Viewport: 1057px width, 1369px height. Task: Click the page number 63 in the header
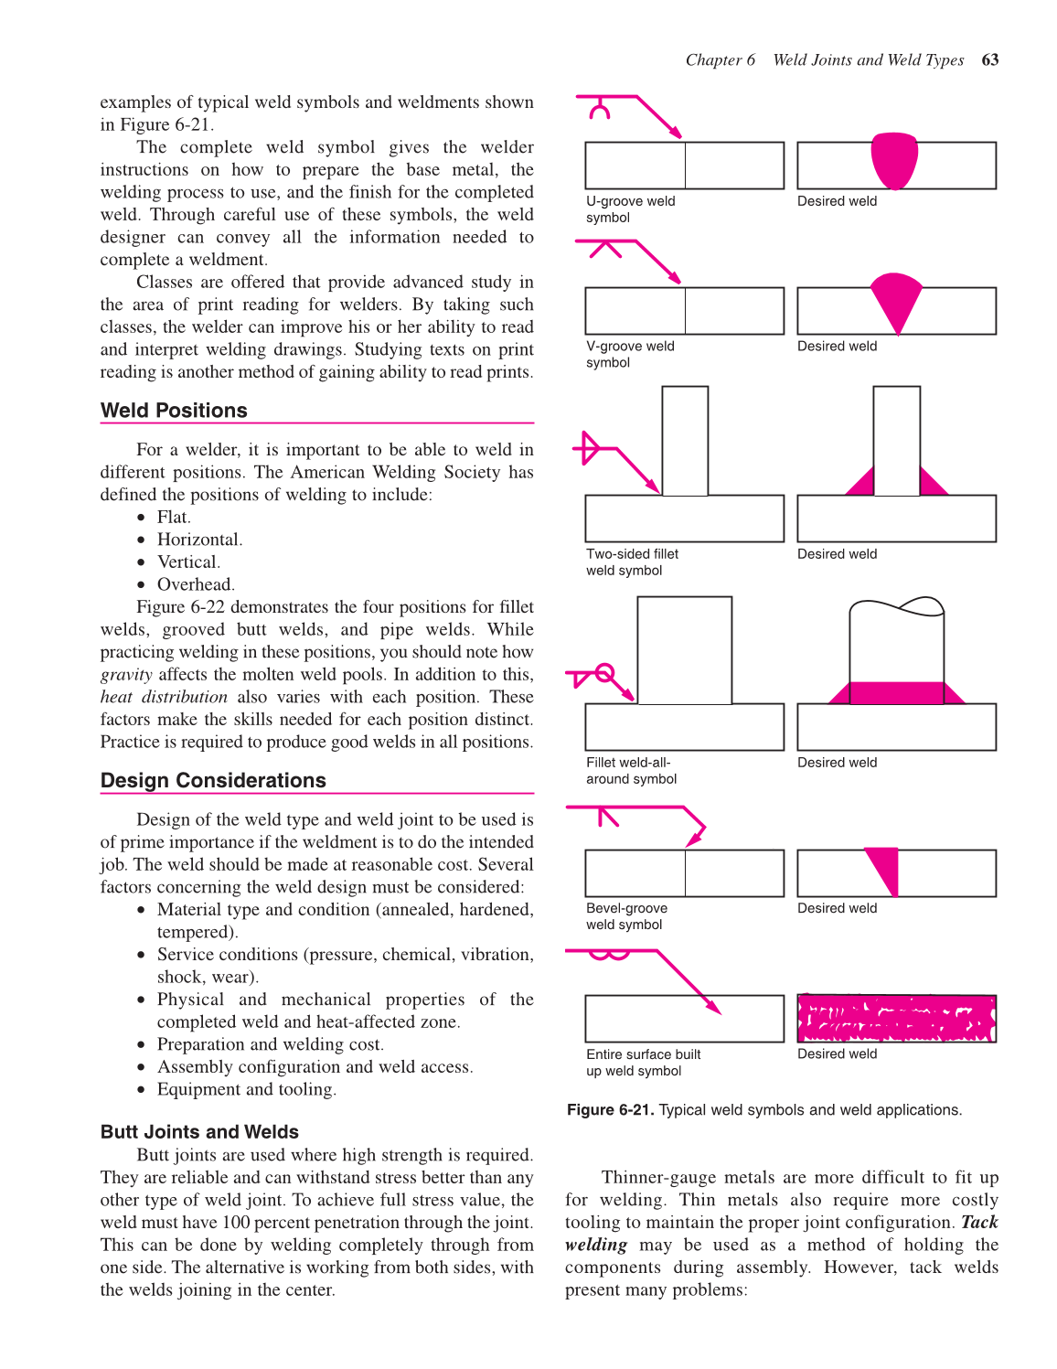tap(989, 60)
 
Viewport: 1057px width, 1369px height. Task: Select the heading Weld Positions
tap(174, 411)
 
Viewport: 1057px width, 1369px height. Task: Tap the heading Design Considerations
tap(213, 780)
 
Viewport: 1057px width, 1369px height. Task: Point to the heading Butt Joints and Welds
tap(199, 1131)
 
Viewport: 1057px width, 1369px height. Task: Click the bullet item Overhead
tap(195, 584)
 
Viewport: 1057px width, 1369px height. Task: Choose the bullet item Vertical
tap(188, 562)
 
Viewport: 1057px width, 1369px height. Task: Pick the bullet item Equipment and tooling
tap(246, 1089)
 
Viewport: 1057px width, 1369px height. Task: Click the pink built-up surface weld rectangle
tap(896, 1019)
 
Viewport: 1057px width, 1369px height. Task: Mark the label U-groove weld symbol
tap(630, 209)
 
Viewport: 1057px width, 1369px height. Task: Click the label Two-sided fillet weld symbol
tap(632, 562)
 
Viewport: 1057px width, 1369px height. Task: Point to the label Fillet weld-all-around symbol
tap(631, 771)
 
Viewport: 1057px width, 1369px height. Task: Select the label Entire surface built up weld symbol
tap(643, 1063)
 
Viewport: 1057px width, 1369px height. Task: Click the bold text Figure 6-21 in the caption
tap(610, 1110)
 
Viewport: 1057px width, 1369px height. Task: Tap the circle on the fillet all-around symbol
tap(603, 675)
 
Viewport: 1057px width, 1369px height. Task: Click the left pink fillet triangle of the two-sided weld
tap(862, 483)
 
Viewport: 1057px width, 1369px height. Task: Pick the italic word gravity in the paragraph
tap(126, 675)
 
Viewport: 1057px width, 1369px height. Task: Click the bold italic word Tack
tap(979, 1223)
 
